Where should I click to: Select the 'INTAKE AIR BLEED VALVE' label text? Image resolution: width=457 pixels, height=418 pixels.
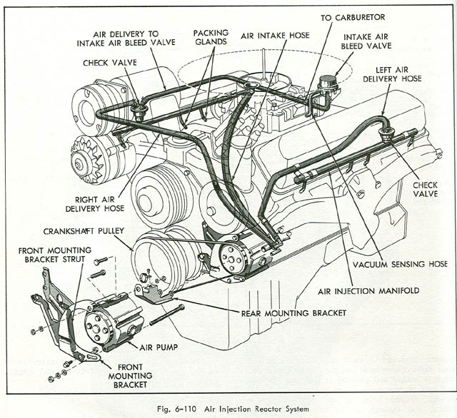pos(368,41)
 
